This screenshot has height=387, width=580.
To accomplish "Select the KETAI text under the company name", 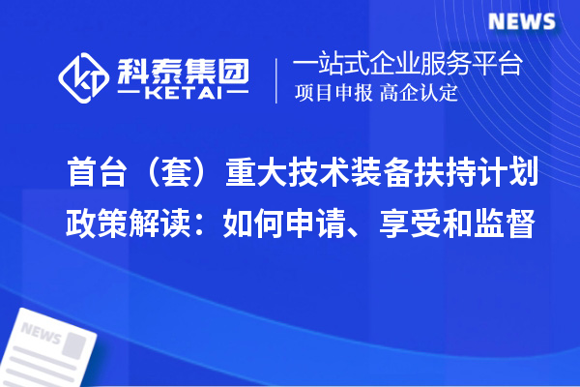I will pos(181,96).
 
